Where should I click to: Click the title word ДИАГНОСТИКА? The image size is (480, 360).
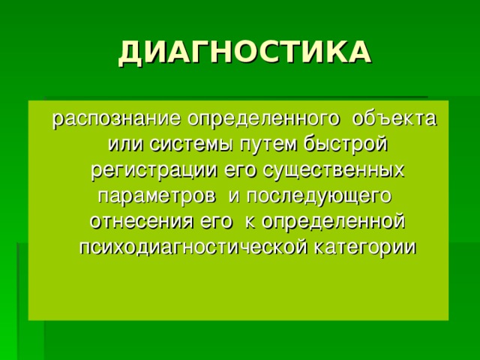[244, 52]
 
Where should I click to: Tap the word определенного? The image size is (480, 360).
[264, 120]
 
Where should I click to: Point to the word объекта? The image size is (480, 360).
[394, 118]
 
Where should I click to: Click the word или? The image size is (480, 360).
[126, 145]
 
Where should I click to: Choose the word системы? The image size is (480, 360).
[193, 145]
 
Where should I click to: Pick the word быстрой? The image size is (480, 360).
[346, 145]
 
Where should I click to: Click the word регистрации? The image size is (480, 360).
[155, 172]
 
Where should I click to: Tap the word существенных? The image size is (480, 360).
[334, 171]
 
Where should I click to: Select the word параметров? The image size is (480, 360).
[157, 197]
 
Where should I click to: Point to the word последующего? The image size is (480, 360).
[319, 197]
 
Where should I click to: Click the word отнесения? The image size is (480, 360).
[142, 222]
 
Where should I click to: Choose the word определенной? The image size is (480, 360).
[334, 222]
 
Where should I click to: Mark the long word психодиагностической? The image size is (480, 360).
[193, 248]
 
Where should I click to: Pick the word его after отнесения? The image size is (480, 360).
[216, 223]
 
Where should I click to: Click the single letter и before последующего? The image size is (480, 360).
[233, 196]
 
